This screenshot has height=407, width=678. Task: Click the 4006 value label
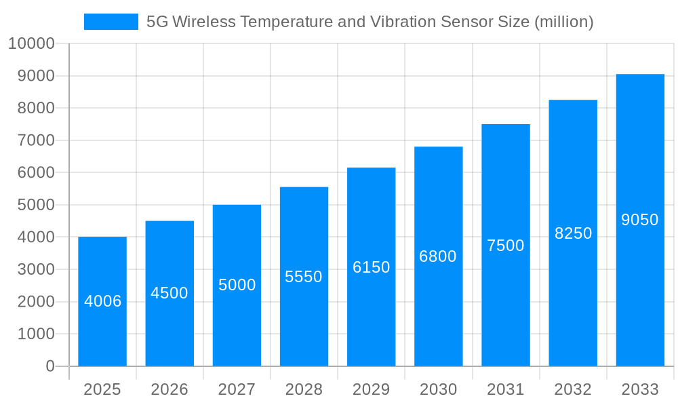coord(103,301)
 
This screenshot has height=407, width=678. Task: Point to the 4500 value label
coord(169,293)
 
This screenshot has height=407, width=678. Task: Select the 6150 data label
coord(372,267)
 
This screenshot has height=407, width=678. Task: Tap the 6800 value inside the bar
coord(438,256)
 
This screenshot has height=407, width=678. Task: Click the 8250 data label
coord(574,233)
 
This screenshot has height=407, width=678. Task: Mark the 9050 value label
coord(640,220)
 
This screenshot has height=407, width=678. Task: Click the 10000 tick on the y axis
coord(31,44)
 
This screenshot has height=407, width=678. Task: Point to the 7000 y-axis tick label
coord(36,140)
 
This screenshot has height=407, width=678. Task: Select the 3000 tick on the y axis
coord(36,269)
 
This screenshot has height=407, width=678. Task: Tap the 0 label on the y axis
coord(50,366)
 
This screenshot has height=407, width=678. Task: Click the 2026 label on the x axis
coord(169,389)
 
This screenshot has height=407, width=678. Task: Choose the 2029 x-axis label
coord(372,389)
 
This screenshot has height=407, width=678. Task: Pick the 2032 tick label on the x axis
coord(573,389)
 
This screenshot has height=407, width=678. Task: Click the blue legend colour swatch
coord(111,22)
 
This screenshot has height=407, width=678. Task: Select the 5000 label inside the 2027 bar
coord(237,285)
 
